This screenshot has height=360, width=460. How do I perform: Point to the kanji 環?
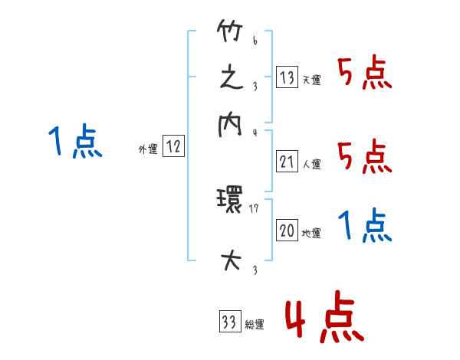(230, 204)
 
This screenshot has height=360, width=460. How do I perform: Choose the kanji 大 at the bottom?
(230, 260)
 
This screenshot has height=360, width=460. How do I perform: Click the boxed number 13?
(287, 78)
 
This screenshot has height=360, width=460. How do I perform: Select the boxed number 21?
(287, 162)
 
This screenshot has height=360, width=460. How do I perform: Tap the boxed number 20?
(287, 231)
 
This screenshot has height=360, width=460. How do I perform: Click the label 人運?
(311, 164)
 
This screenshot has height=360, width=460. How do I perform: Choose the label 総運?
(255, 325)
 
